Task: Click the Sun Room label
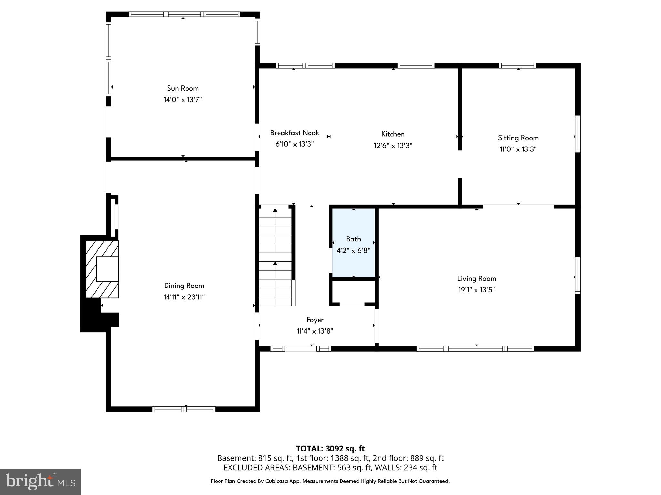pos(183,88)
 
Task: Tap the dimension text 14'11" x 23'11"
pos(184,297)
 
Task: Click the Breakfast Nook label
pos(294,133)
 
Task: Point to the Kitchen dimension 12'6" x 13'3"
pos(393,146)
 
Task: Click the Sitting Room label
pos(518,138)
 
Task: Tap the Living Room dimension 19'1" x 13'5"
pos(476,290)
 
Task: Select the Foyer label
pos(315,320)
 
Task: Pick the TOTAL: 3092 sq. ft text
pos(330,449)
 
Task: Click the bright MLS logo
pos(40,481)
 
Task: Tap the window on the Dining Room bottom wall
pos(184,409)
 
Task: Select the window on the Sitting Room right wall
pos(578,134)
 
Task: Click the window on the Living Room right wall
pos(578,275)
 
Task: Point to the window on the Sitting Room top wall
pos(517,66)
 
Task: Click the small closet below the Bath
pos(353,293)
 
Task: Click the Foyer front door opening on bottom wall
pos(300,348)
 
